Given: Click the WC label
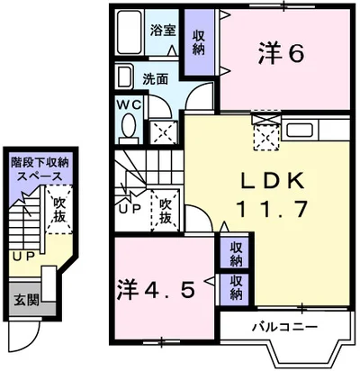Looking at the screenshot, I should (128, 104).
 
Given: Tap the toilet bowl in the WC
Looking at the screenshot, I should (127, 131).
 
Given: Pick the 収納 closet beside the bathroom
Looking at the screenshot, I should (197, 43).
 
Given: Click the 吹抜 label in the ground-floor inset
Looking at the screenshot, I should (59, 211).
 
